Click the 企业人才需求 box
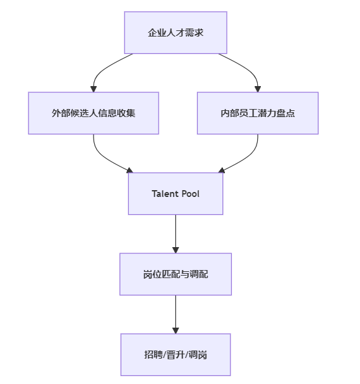pos(175,33)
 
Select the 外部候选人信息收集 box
pos(94,113)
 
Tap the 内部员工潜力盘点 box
pos(258,113)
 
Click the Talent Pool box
pos(175,194)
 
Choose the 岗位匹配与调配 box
pos(175,274)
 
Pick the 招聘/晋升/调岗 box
pos(175,355)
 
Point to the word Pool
pos(190,194)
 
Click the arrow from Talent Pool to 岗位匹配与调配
pos(175,234)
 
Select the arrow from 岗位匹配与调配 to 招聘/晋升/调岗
pos(175,315)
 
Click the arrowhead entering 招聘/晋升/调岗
pos(175,331)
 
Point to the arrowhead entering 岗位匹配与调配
pos(175,250)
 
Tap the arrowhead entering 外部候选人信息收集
pos(94,89)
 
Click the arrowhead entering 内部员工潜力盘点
pos(258,89)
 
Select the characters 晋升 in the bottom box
pos(175,355)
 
